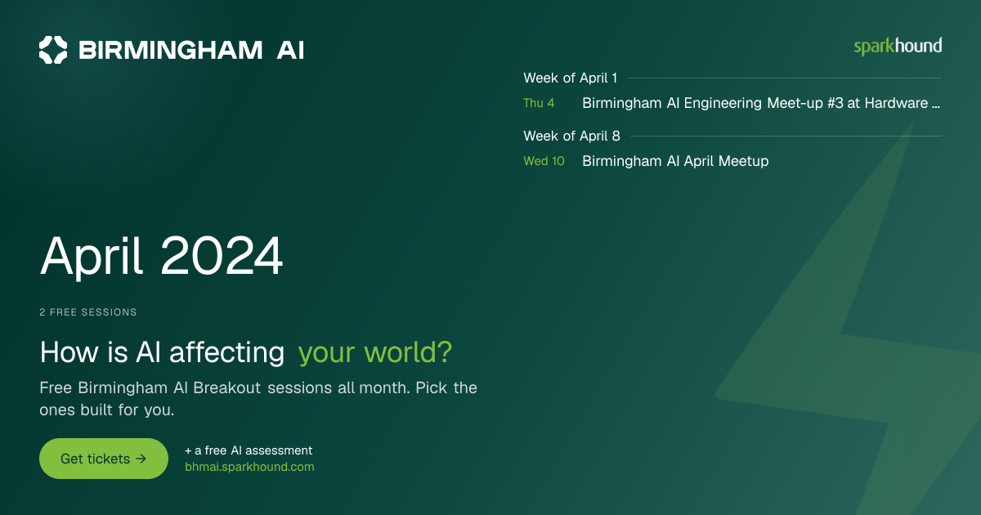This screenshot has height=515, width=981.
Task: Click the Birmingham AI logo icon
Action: (53, 50)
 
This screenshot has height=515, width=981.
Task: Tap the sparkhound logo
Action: (898, 47)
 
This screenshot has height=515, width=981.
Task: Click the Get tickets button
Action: (104, 459)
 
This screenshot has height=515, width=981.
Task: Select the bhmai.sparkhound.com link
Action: (249, 467)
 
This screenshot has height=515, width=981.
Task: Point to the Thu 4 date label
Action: (539, 103)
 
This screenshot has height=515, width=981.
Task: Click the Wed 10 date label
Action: (544, 161)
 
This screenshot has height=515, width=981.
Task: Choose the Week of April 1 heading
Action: (571, 78)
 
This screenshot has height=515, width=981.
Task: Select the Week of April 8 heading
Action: (571, 137)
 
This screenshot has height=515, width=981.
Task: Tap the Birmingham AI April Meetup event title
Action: (675, 161)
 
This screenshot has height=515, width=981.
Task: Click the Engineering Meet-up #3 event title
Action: (761, 103)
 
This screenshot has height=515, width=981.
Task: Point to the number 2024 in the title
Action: (222, 255)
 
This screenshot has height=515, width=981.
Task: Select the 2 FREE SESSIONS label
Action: (88, 312)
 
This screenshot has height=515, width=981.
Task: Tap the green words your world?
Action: (375, 352)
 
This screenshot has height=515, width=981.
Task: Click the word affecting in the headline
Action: (227, 352)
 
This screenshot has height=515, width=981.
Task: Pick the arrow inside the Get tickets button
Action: (141, 459)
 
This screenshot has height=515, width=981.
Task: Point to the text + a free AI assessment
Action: (249, 450)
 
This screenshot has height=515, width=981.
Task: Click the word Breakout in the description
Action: (227, 388)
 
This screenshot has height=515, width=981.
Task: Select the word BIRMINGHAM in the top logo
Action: (170, 50)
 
